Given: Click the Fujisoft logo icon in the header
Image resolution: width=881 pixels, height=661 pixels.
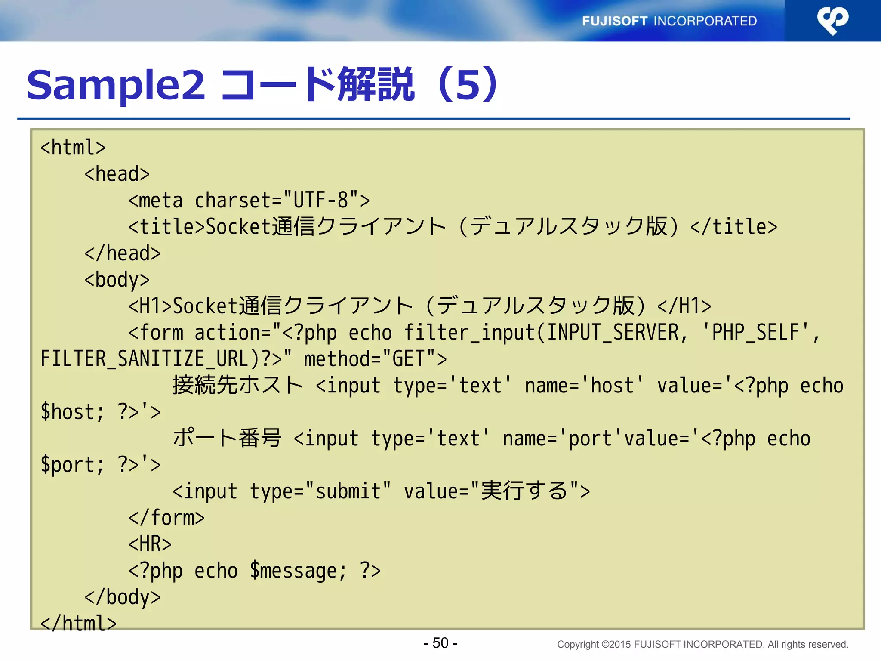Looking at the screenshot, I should coord(832,20).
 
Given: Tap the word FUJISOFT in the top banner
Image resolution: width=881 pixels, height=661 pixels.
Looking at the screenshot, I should coord(614,21).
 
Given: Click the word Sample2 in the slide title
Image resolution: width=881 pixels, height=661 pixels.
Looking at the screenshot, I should coord(116,85).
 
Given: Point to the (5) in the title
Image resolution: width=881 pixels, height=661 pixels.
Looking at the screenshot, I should coord(468,85).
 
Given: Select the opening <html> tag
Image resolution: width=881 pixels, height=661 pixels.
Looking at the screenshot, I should coord(73,148).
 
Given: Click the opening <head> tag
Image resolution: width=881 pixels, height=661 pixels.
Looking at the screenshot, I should coord(117,174).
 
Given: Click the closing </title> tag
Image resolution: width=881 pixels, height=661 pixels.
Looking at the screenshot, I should coord(733,227).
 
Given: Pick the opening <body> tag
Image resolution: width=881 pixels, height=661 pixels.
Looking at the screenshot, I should coord(117,280).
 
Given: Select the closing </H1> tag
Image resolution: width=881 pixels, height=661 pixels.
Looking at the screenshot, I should coord(684,306).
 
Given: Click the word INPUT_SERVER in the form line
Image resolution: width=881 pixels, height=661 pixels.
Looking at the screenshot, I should coord(613,333).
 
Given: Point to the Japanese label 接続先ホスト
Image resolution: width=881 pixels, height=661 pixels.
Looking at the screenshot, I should coord(237,385).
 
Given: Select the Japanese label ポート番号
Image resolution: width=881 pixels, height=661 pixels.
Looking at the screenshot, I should coord(227,438).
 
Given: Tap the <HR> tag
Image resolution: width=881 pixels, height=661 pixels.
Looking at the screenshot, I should coord(150,544).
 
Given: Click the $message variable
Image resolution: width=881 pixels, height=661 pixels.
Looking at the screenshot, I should coord(298,571).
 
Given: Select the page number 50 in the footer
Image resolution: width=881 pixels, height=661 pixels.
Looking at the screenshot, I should coord(440,643).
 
